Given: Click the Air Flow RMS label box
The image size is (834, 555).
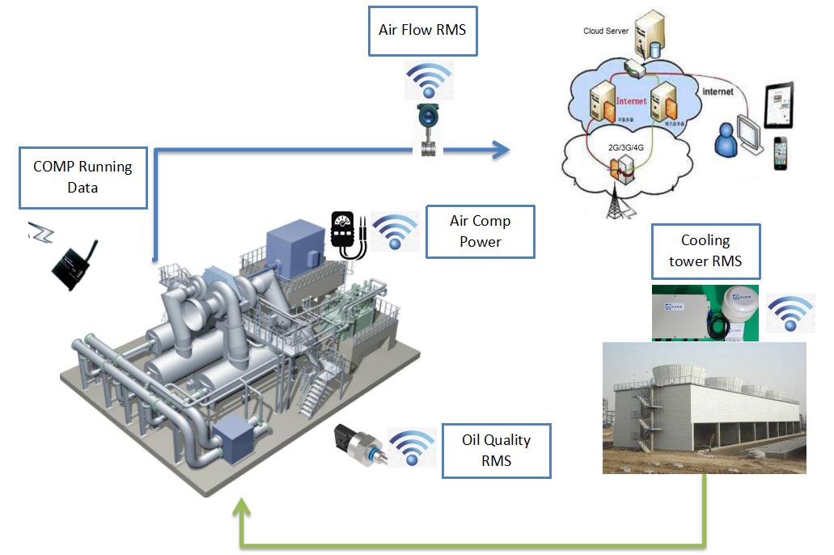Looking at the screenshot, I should (x=422, y=31).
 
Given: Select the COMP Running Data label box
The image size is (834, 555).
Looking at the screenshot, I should (x=83, y=177).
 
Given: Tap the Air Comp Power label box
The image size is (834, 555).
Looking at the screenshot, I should (x=481, y=231).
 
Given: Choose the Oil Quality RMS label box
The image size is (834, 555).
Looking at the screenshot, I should (x=496, y=451).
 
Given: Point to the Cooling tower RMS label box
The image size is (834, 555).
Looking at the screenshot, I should (x=705, y=252).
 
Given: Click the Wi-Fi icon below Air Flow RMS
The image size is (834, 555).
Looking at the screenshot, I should (x=429, y=80).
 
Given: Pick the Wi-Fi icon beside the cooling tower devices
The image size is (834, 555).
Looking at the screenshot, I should (x=790, y=316).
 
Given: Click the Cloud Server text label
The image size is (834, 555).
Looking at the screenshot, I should (x=606, y=32).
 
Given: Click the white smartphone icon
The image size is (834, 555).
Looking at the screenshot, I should (x=780, y=154).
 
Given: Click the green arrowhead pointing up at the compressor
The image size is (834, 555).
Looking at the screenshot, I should (x=241, y=510).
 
